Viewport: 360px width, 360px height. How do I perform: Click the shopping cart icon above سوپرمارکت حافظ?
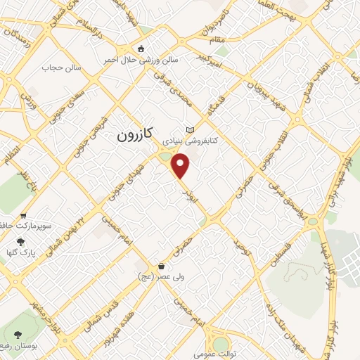(x=25, y=216)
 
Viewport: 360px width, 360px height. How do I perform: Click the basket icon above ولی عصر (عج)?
(x=163, y=266)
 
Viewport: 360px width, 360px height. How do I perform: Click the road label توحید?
(x=243, y=248)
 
